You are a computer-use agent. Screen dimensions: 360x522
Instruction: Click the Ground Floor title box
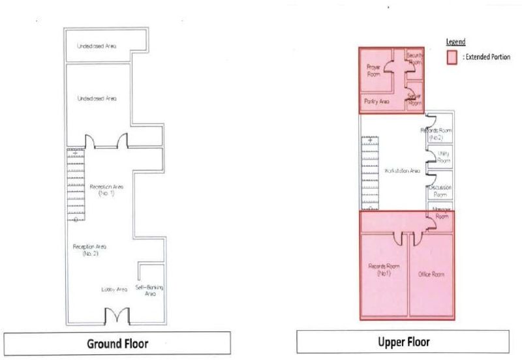pos(117,343)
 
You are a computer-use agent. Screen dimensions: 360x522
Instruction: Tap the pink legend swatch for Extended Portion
pos(450,57)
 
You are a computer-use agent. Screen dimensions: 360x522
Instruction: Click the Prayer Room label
pos(373,70)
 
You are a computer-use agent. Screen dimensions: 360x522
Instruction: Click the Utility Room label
pos(443,157)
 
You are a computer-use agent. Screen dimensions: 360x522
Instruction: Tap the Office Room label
pos(431,275)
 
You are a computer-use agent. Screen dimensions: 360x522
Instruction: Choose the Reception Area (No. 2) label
pos(89,249)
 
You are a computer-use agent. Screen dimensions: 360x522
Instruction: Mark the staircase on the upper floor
pos(370,174)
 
